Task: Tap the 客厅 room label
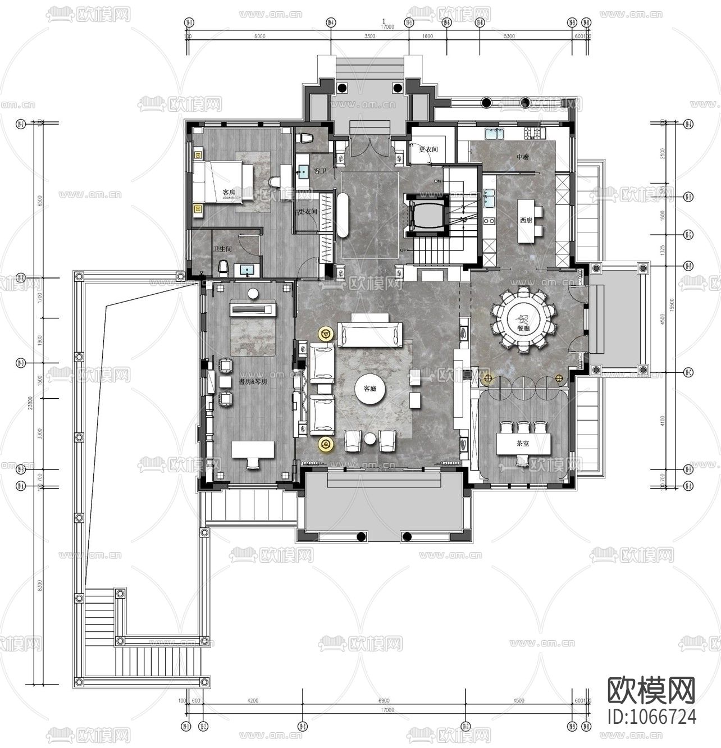click(x=370, y=388)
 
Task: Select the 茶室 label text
click(x=523, y=443)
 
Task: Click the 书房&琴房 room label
click(x=252, y=382)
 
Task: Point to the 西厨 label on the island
click(x=526, y=220)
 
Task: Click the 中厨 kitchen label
click(x=523, y=157)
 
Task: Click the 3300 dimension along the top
click(x=369, y=36)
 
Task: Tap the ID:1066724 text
click(x=652, y=717)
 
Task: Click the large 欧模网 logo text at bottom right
click(x=652, y=690)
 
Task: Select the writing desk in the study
click(x=253, y=449)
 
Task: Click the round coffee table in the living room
click(x=370, y=388)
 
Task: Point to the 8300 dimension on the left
click(x=39, y=586)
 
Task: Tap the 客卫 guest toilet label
click(x=320, y=170)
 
